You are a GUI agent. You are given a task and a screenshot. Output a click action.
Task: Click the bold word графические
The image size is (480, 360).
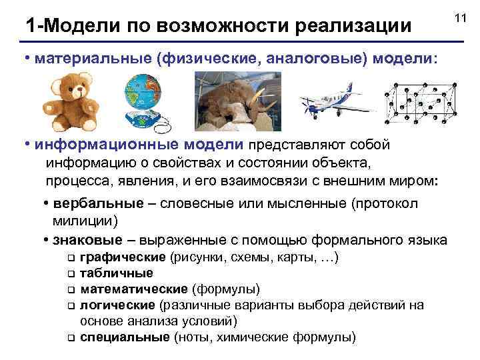click(x=123, y=257)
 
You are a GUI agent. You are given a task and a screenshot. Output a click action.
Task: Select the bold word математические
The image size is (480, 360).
click(x=133, y=289)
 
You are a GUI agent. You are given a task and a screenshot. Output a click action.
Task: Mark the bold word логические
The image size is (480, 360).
click(x=117, y=305)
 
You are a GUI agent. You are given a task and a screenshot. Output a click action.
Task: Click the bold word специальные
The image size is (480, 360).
click(x=124, y=337)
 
